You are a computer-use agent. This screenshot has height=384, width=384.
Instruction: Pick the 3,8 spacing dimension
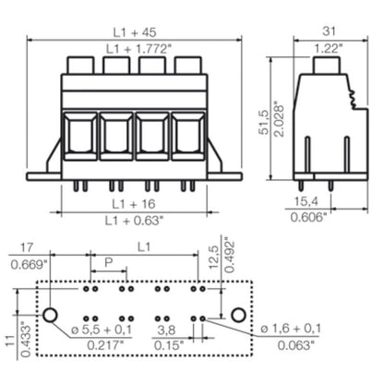click(x=166, y=328)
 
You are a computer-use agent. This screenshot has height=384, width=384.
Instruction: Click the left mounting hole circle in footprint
click(x=52, y=314)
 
